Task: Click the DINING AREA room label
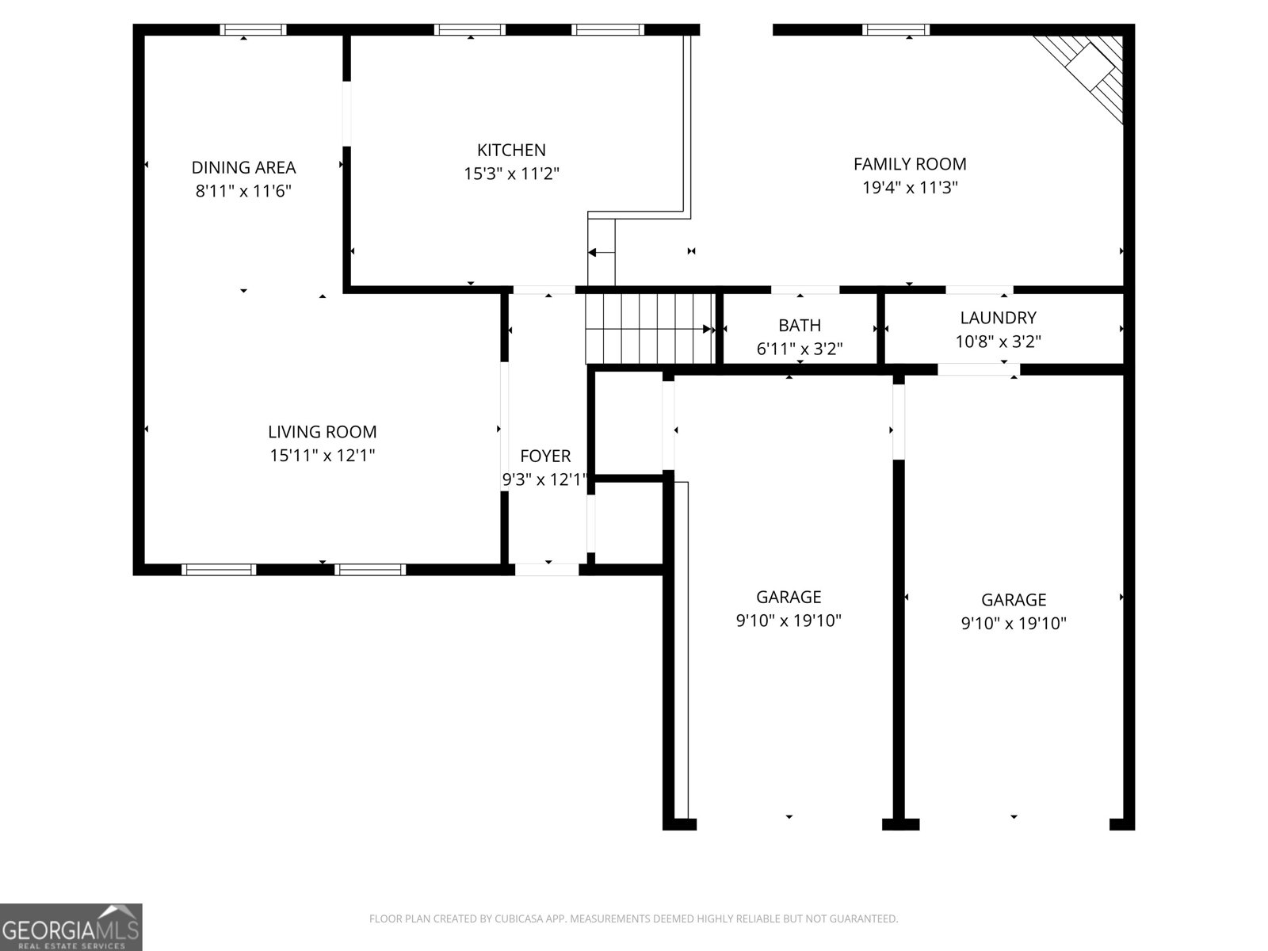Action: [243, 167]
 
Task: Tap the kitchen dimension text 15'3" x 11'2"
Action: [511, 174]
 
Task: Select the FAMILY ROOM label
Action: [909, 164]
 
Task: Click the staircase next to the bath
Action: [650, 328]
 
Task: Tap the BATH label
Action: [799, 325]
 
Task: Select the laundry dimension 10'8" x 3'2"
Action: [998, 342]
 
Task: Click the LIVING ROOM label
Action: [322, 432]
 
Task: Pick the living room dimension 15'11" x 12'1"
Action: [322, 456]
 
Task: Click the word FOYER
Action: [544, 456]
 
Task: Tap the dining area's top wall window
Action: [253, 30]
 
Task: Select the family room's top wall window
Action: [896, 30]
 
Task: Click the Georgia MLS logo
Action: [71, 926]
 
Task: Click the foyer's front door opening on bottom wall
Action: [547, 568]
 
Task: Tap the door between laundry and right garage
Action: [978, 369]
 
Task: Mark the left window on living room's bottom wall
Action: [219, 569]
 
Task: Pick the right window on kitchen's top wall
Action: [608, 30]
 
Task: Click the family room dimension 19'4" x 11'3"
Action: [909, 188]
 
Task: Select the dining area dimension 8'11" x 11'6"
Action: [243, 191]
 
